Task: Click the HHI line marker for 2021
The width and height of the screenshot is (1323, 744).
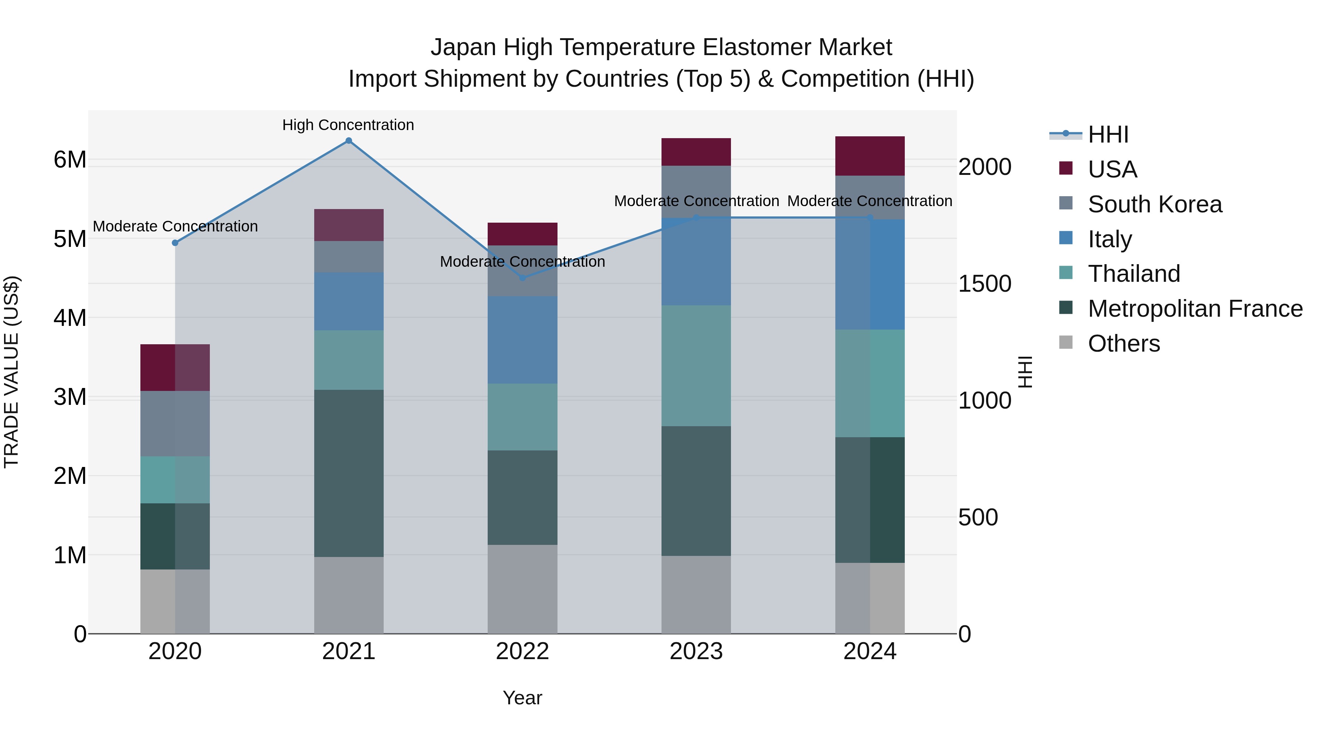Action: pos(349,141)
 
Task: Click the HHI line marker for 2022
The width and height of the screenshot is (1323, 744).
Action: pos(522,278)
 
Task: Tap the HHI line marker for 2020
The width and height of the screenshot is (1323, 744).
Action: pos(175,243)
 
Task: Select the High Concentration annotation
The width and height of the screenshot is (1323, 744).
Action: pos(348,125)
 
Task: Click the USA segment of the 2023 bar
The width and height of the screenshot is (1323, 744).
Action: pos(696,152)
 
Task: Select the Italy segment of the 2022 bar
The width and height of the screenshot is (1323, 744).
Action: pos(522,340)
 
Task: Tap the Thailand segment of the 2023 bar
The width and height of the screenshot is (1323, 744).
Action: pos(696,366)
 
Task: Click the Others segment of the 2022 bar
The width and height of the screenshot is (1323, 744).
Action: pos(522,589)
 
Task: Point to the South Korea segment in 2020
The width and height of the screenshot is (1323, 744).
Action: pos(175,424)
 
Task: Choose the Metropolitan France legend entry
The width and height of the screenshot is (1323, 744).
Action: pos(1195,309)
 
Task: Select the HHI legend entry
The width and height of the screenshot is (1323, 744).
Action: pos(1108,134)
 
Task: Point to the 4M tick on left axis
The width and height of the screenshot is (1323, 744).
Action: pos(70,318)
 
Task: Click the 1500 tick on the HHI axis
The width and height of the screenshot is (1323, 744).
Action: pos(985,284)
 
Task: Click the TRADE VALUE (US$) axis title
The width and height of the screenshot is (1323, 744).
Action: pos(11,372)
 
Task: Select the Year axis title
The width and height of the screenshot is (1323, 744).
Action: pos(522,698)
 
